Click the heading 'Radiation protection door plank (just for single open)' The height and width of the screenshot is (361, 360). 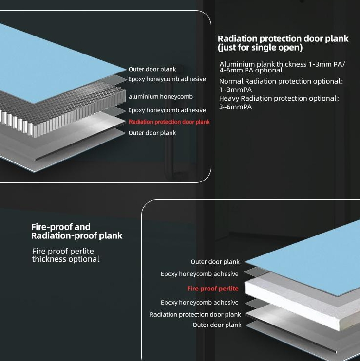pyautogui.click(x=283, y=43)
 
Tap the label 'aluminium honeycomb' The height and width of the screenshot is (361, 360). pyautogui.click(x=161, y=97)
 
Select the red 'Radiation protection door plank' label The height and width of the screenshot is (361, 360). pyautogui.click(x=169, y=122)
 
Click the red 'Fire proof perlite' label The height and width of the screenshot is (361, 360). pyautogui.click(x=213, y=289)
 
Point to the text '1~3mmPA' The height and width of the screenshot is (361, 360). pyautogui.click(x=235, y=90)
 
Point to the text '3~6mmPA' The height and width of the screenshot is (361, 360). pyautogui.click(x=235, y=107)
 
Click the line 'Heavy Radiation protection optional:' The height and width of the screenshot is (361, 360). pyautogui.click(x=279, y=99)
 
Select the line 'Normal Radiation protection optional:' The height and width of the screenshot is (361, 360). pyautogui.click(x=281, y=81)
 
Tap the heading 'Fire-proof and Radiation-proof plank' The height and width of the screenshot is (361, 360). pyautogui.click(x=77, y=232)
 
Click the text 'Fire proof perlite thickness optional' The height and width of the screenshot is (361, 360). pyautogui.click(x=66, y=255)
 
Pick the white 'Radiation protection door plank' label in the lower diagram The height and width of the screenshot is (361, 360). pyautogui.click(x=195, y=314)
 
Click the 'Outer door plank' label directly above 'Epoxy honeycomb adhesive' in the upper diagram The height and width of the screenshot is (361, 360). pyautogui.click(x=152, y=69)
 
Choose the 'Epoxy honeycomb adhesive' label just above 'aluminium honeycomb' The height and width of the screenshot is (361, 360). pyautogui.click(x=167, y=79)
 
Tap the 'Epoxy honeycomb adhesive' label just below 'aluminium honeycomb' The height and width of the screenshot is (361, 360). pyautogui.click(x=167, y=110)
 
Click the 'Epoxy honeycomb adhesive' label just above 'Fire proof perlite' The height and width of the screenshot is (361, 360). pyautogui.click(x=200, y=274)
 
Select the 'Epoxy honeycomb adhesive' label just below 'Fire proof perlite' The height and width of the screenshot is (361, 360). pyautogui.click(x=200, y=302)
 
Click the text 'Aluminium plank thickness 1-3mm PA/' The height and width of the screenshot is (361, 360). pyautogui.click(x=282, y=64)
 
